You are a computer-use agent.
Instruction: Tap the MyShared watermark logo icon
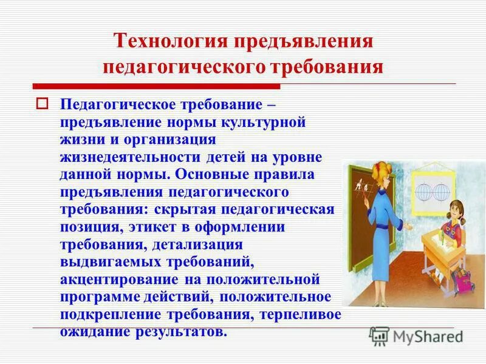(x=380, y=335)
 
